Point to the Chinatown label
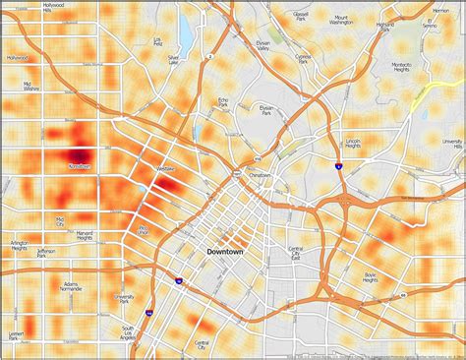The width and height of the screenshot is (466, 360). [x=259, y=175]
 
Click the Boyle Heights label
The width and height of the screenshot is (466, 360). [x=371, y=277]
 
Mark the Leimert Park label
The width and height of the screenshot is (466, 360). [x=17, y=337]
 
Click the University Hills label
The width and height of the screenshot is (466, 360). [x=451, y=144]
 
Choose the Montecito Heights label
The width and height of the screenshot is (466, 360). [x=402, y=68]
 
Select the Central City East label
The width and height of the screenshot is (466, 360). [x=295, y=253]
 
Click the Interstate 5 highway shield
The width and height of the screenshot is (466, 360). [x=337, y=168]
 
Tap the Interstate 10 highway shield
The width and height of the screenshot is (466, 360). [x=177, y=281]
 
